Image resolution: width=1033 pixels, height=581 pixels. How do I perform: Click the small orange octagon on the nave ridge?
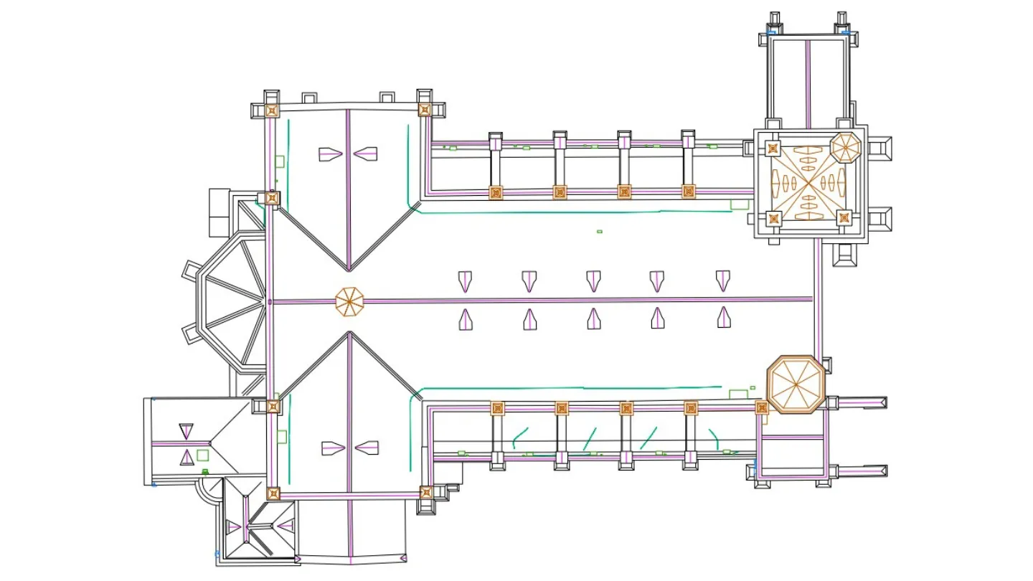[350, 301]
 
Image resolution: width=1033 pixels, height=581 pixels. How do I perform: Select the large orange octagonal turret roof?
[794, 384]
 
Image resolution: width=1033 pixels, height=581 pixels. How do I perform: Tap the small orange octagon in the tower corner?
[845, 147]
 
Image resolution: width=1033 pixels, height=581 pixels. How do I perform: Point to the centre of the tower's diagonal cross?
[808, 184]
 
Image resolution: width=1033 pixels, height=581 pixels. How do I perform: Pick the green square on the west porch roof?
[202, 455]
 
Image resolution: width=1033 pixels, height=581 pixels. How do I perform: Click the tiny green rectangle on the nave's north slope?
[600, 232]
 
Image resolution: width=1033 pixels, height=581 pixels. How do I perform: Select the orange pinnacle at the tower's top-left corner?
[772, 148]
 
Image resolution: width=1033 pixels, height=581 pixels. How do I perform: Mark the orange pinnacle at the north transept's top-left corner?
[272, 110]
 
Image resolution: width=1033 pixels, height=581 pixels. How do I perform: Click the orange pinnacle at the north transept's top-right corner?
[425, 110]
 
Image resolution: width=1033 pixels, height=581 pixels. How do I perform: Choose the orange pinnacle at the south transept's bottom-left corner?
[273, 493]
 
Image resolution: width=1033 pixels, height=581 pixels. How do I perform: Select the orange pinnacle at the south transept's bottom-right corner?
[426, 492]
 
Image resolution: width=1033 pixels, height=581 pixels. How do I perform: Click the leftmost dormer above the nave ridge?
[466, 280]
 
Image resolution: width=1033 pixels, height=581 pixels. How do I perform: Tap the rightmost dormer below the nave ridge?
[724, 318]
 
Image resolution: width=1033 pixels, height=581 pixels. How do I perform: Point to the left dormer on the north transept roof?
[331, 153]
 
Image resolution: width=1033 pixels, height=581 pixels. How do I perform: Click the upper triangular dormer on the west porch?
[187, 431]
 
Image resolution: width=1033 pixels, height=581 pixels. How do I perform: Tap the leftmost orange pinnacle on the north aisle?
[495, 192]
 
